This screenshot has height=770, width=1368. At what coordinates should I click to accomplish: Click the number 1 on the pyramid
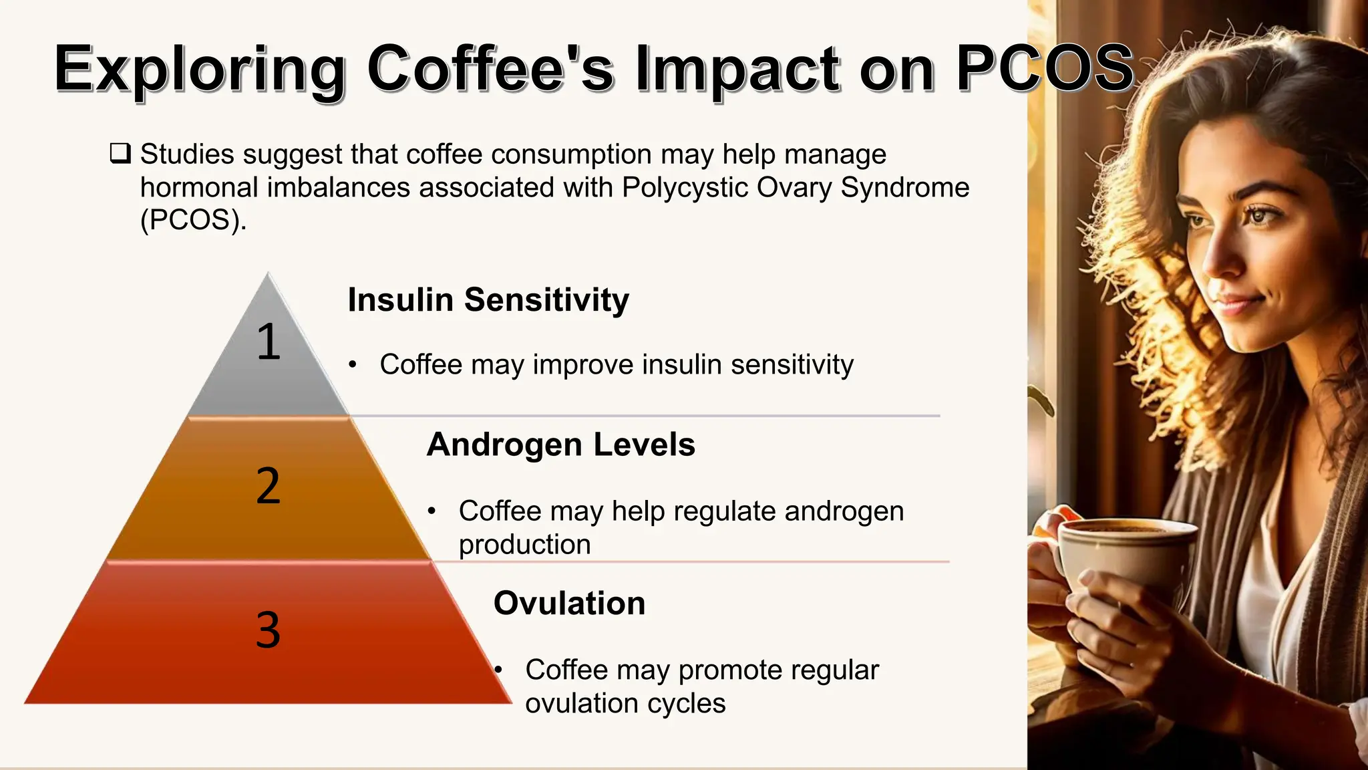(x=269, y=342)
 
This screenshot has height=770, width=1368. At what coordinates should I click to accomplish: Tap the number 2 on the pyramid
(x=269, y=486)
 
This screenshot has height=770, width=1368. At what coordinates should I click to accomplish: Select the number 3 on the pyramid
(x=269, y=630)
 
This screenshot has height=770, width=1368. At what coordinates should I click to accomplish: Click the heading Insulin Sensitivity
(x=488, y=299)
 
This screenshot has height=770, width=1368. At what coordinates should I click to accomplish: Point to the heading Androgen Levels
(x=560, y=444)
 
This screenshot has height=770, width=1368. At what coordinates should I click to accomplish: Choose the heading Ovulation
(x=569, y=603)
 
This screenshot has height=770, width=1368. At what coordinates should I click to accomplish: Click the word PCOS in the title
(x=1045, y=68)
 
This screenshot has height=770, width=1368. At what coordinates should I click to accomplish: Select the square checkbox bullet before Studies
(x=120, y=154)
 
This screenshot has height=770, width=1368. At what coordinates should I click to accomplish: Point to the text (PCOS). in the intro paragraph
(x=194, y=220)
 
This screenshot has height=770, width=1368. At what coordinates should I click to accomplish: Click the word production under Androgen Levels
(x=524, y=544)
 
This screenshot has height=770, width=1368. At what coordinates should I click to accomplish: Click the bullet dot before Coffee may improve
(x=353, y=365)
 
